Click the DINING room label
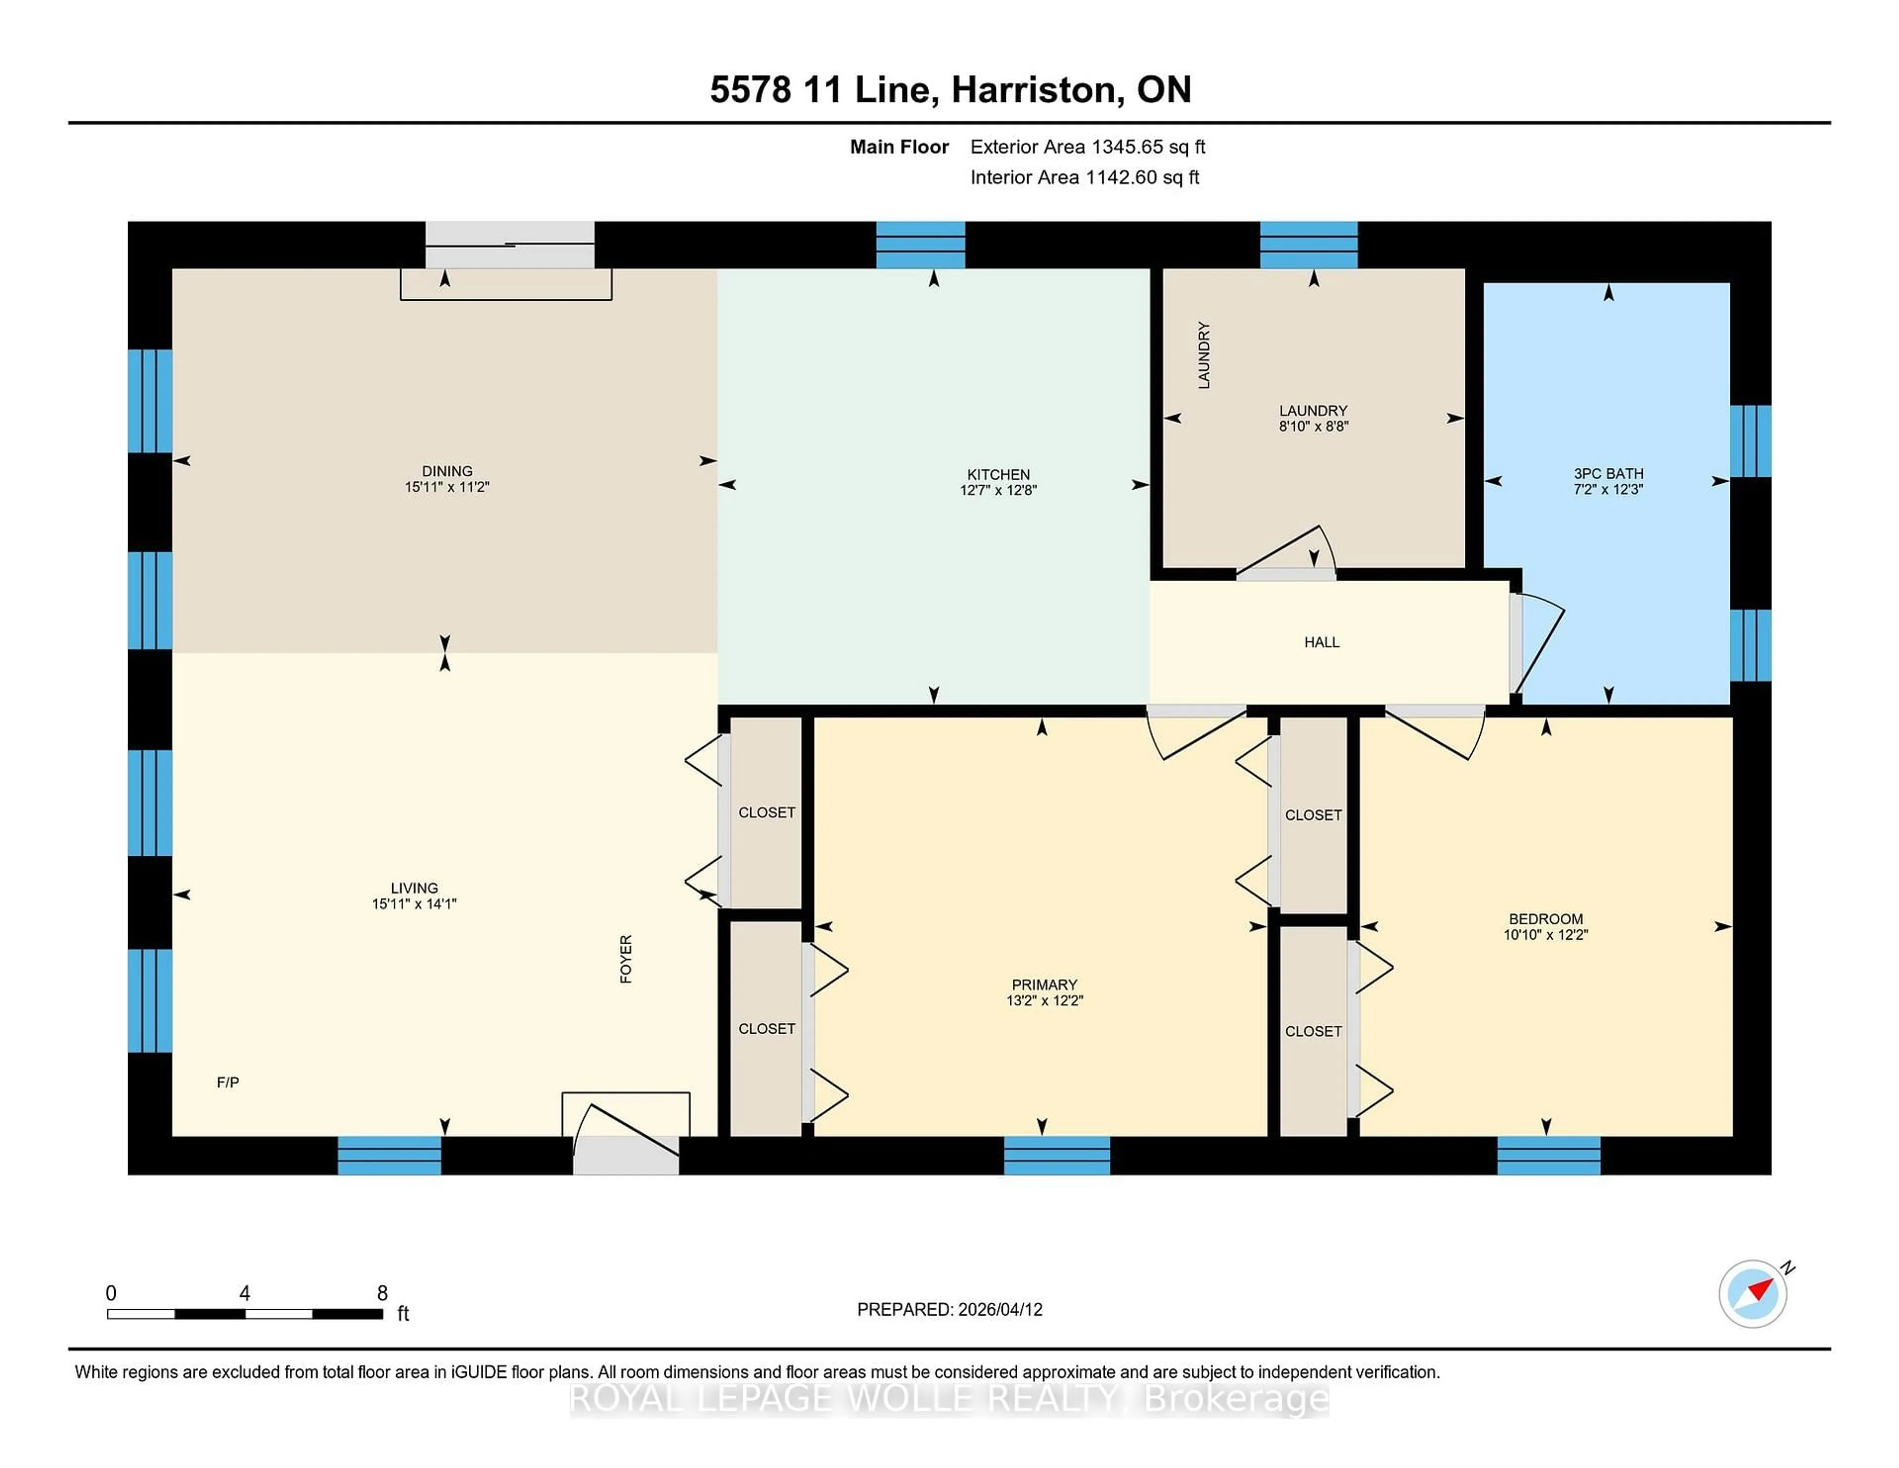click(x=447, y=470)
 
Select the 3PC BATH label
click(x=1608, y=474)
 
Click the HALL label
click(x=1321, y=642)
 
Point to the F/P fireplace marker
click(x=228, y=1082)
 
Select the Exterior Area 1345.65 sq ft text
click(x=1087, y=147)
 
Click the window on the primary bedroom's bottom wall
click(x=1056, y=1155)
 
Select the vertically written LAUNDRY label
click(x=1203, y=355)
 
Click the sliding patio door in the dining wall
click(x=509, y=245)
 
